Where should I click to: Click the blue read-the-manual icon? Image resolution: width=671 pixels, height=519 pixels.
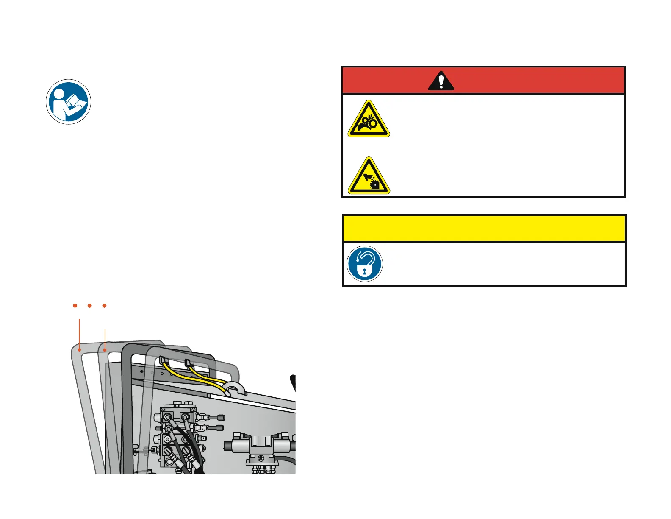[68, 102]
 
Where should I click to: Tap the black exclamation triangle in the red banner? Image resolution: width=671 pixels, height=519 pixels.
[441, 81]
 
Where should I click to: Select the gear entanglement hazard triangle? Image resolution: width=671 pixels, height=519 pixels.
[369, 119]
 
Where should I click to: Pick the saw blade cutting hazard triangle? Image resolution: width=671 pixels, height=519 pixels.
[369, 176]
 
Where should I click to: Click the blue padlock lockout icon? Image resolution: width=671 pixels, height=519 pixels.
[365, 264]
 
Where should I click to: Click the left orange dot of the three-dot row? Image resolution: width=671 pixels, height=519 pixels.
[75, 305]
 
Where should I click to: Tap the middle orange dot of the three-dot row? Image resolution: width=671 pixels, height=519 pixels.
[90, 305]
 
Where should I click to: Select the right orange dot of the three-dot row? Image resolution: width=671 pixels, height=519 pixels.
[104, 305]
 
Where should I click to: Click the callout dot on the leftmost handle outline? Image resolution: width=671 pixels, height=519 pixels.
[79, 350]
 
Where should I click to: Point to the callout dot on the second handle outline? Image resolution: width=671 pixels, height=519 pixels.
[105, 350]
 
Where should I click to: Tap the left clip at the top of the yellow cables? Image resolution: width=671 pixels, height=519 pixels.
[164, 361]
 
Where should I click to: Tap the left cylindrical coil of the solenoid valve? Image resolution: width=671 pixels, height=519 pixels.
[235, 446]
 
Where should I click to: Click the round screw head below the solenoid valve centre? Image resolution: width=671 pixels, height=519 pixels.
[261, 458]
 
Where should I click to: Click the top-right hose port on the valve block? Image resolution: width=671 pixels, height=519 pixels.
[185, 417]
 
